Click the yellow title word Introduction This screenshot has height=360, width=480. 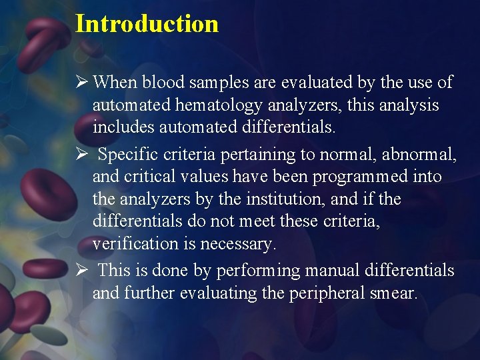147,23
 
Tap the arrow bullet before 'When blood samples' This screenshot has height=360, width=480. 81,83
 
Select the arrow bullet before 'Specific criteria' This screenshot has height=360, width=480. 81,155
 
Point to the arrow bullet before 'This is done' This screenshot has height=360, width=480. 81,271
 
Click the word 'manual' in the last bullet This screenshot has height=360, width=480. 317,271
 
